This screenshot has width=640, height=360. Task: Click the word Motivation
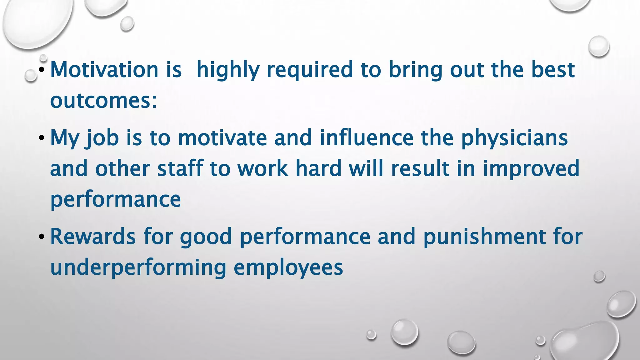click(104, 69)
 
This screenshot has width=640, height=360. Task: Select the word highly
click(228, 70)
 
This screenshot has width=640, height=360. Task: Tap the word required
click(310, 70)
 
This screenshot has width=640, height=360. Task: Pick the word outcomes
click(103, 101)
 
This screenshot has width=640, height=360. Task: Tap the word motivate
click(222, 138)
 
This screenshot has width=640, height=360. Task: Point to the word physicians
click(514, 138)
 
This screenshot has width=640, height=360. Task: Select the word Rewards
click(93, 237)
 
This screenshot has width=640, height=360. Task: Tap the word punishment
click(484, 237)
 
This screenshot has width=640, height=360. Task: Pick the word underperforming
click(138, 268)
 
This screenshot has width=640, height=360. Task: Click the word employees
click(288, 268)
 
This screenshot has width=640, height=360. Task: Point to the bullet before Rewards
click(42, 237)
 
